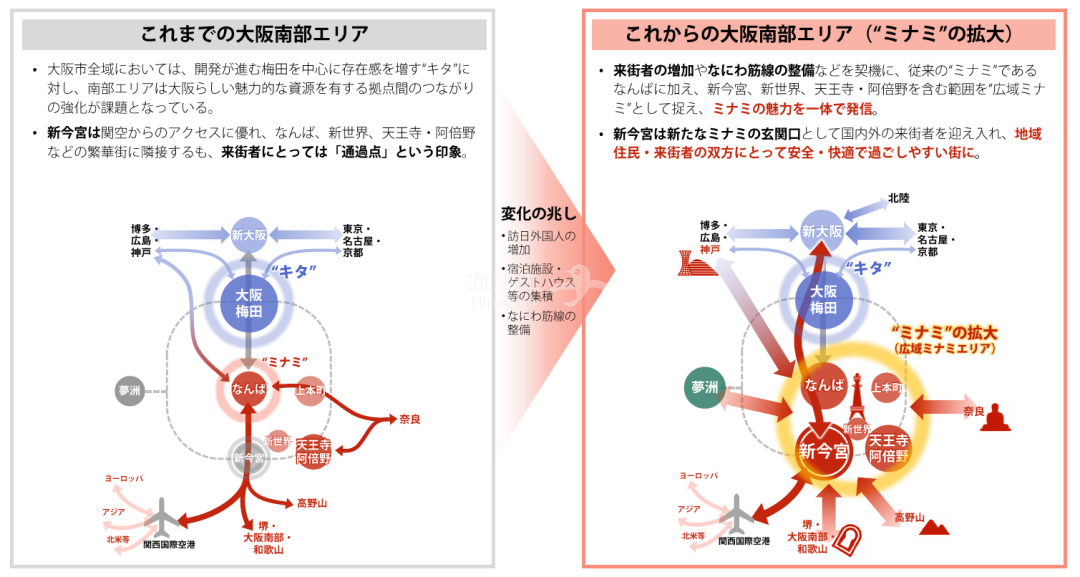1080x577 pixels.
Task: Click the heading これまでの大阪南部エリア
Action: (254, 35)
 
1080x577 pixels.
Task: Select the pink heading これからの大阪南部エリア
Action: (819, 35)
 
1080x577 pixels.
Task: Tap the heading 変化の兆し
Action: (539, 214)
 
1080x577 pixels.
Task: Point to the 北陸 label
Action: (899, 198)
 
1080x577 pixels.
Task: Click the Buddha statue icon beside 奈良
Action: (995, 416)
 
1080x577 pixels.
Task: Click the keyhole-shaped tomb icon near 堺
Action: (851, 541)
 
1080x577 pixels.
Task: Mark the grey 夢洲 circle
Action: (130, 391)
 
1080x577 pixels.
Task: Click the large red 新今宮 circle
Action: (823, 451)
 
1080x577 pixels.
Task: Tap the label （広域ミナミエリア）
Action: (944, 348)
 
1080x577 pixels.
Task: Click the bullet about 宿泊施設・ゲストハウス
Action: (543, 282)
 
